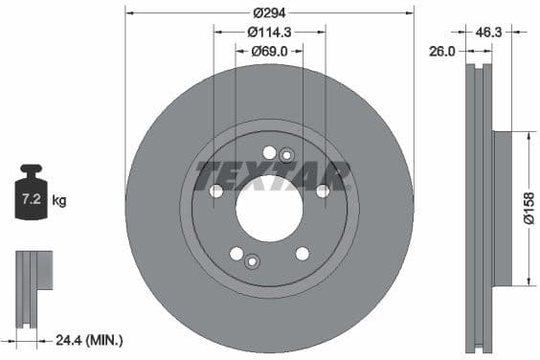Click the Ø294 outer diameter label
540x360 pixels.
pyautogui.click(x=269, y=12)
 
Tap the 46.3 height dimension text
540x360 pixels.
pyautogui.click(x=489, y=32)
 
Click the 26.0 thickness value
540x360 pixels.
pyautogui.click(x=441, y=52)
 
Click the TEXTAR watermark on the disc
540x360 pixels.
pyautogui.click(x=273, y=175)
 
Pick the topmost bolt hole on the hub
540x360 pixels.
pyautogui.click(x=269, y=152)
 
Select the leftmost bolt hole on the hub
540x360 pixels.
pyautogui.click(x=216, y=191)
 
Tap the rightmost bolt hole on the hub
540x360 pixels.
pyautogui.click(x=323, y=191)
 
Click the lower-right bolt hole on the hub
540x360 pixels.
pyautogui.click(x=303, y=253)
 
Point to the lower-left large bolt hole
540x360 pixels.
pyautogui.click(x=236, y=253)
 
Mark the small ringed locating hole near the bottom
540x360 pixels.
pyautogui.click(x=253, y=261)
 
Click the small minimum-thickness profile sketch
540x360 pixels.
pyautogui.click(x=30, y=277)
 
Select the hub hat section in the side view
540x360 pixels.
pyautogui.click(x=503, y=208)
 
